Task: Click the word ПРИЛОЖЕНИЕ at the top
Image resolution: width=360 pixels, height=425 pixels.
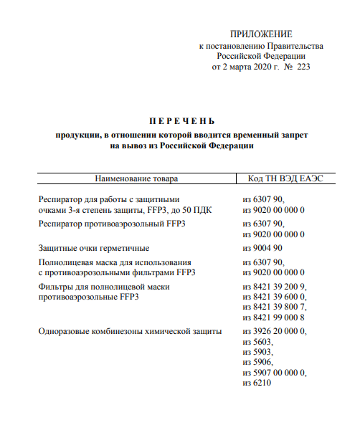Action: [x=262, y=34]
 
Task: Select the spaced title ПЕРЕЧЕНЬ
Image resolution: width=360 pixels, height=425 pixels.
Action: [x=182, y=120]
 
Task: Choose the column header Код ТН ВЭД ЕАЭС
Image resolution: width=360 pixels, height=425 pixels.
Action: [x=285, y=178]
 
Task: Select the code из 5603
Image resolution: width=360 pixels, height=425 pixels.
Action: [x=258, y=342]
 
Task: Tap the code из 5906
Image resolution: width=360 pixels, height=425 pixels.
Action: [x=258, y=363]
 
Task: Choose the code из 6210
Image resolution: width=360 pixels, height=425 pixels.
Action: [x=258, y=383]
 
